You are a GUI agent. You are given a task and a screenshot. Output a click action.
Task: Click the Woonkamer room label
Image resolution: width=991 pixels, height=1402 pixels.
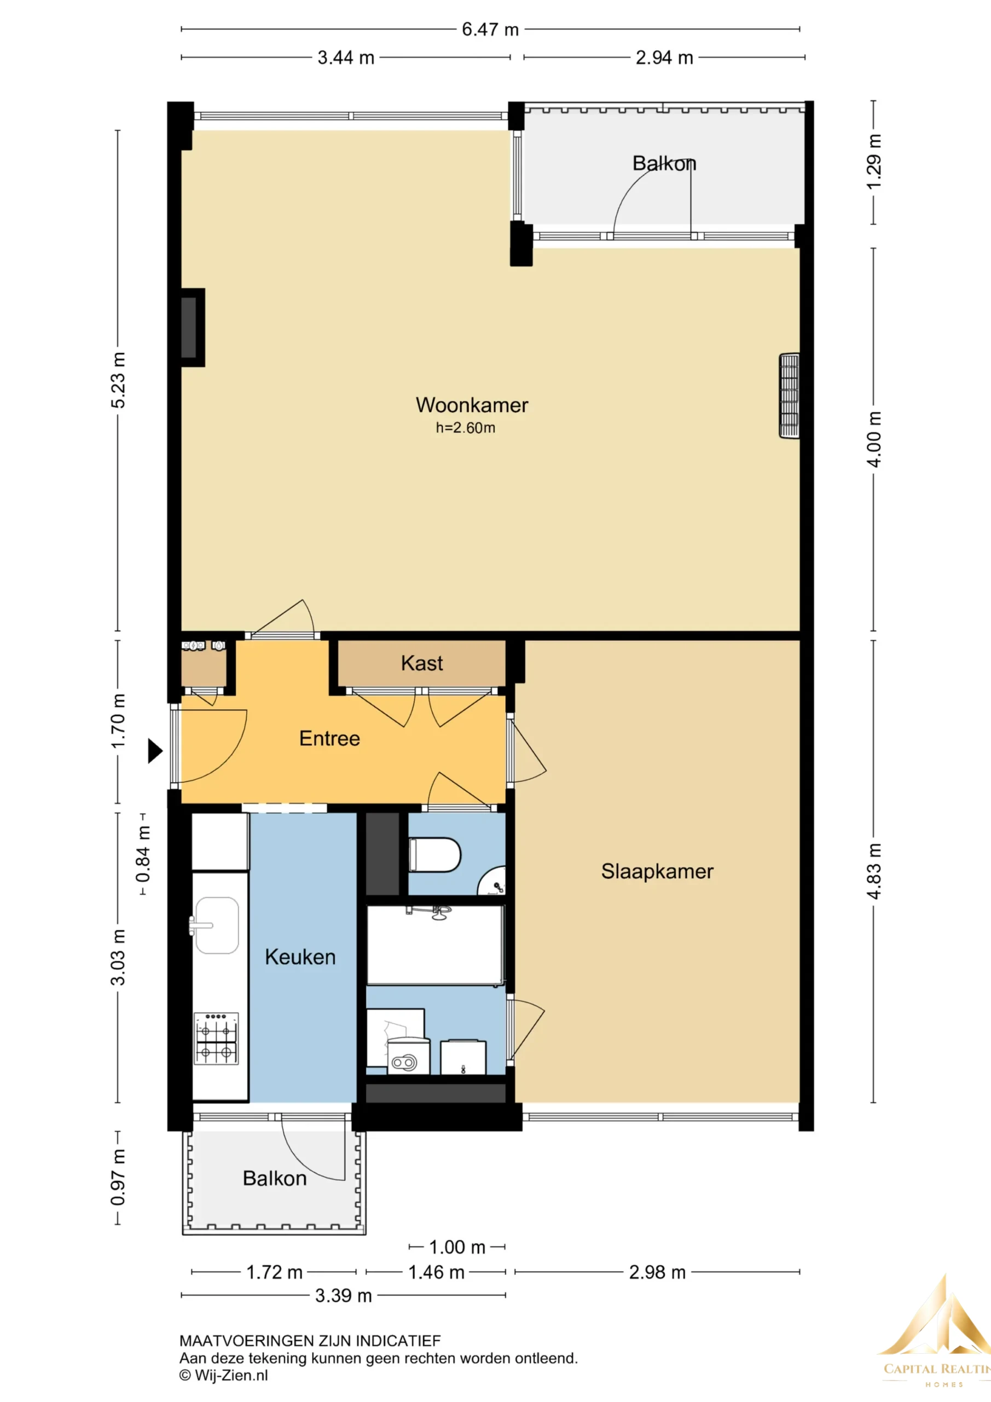pyautogui.click(x=472, y=405)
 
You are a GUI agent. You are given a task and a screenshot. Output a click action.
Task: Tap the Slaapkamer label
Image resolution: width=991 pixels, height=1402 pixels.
pyautogui.click(x=657, y=871)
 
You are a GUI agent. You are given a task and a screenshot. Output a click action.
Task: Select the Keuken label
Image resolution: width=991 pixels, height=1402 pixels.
pyautogui.click(x=300, y=957)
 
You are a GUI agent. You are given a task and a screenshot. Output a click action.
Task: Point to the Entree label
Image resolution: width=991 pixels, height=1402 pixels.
pyautogui.click(x=329, y=738)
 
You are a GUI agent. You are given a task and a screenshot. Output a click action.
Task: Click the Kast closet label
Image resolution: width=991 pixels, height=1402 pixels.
pyautogui.click(x=422, y=663)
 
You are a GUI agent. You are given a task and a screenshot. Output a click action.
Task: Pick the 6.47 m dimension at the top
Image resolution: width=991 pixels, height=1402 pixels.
pyautogui.click(x=490, y=30)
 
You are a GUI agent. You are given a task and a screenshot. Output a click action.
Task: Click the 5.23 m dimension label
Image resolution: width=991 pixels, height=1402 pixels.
pyautogui.click(x=118, y=380)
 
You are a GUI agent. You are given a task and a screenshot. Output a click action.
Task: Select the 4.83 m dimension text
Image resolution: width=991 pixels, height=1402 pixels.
pyautogui.click(x=874, y=871)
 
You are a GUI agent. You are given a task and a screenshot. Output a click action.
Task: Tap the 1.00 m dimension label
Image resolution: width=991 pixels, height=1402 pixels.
pyautogui.click(x=457, y=1247)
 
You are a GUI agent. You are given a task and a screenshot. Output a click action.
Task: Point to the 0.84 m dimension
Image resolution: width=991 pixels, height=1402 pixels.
pyautogui.click(x=143, y=854)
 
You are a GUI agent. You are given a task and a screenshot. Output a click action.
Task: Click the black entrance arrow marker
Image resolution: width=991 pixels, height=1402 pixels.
pyautogui.click(x=155, y=751)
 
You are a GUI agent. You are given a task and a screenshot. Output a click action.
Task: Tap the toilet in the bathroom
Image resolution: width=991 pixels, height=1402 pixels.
pyautogui.click(x=434, y=854)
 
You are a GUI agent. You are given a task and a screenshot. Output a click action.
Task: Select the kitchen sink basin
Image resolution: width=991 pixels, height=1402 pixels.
pyautogui.click(x=217, y=925)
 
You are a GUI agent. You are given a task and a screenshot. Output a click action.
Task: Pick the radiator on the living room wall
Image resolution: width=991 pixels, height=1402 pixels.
pyautogui.click(x=789, y=396)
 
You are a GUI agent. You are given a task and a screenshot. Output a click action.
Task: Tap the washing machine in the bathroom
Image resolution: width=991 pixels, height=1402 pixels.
pyautogui.click(x=408, y=1056)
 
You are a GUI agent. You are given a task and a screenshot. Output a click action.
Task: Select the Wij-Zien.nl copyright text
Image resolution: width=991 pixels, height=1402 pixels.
pyautogui.click(x=223, y=1375)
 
